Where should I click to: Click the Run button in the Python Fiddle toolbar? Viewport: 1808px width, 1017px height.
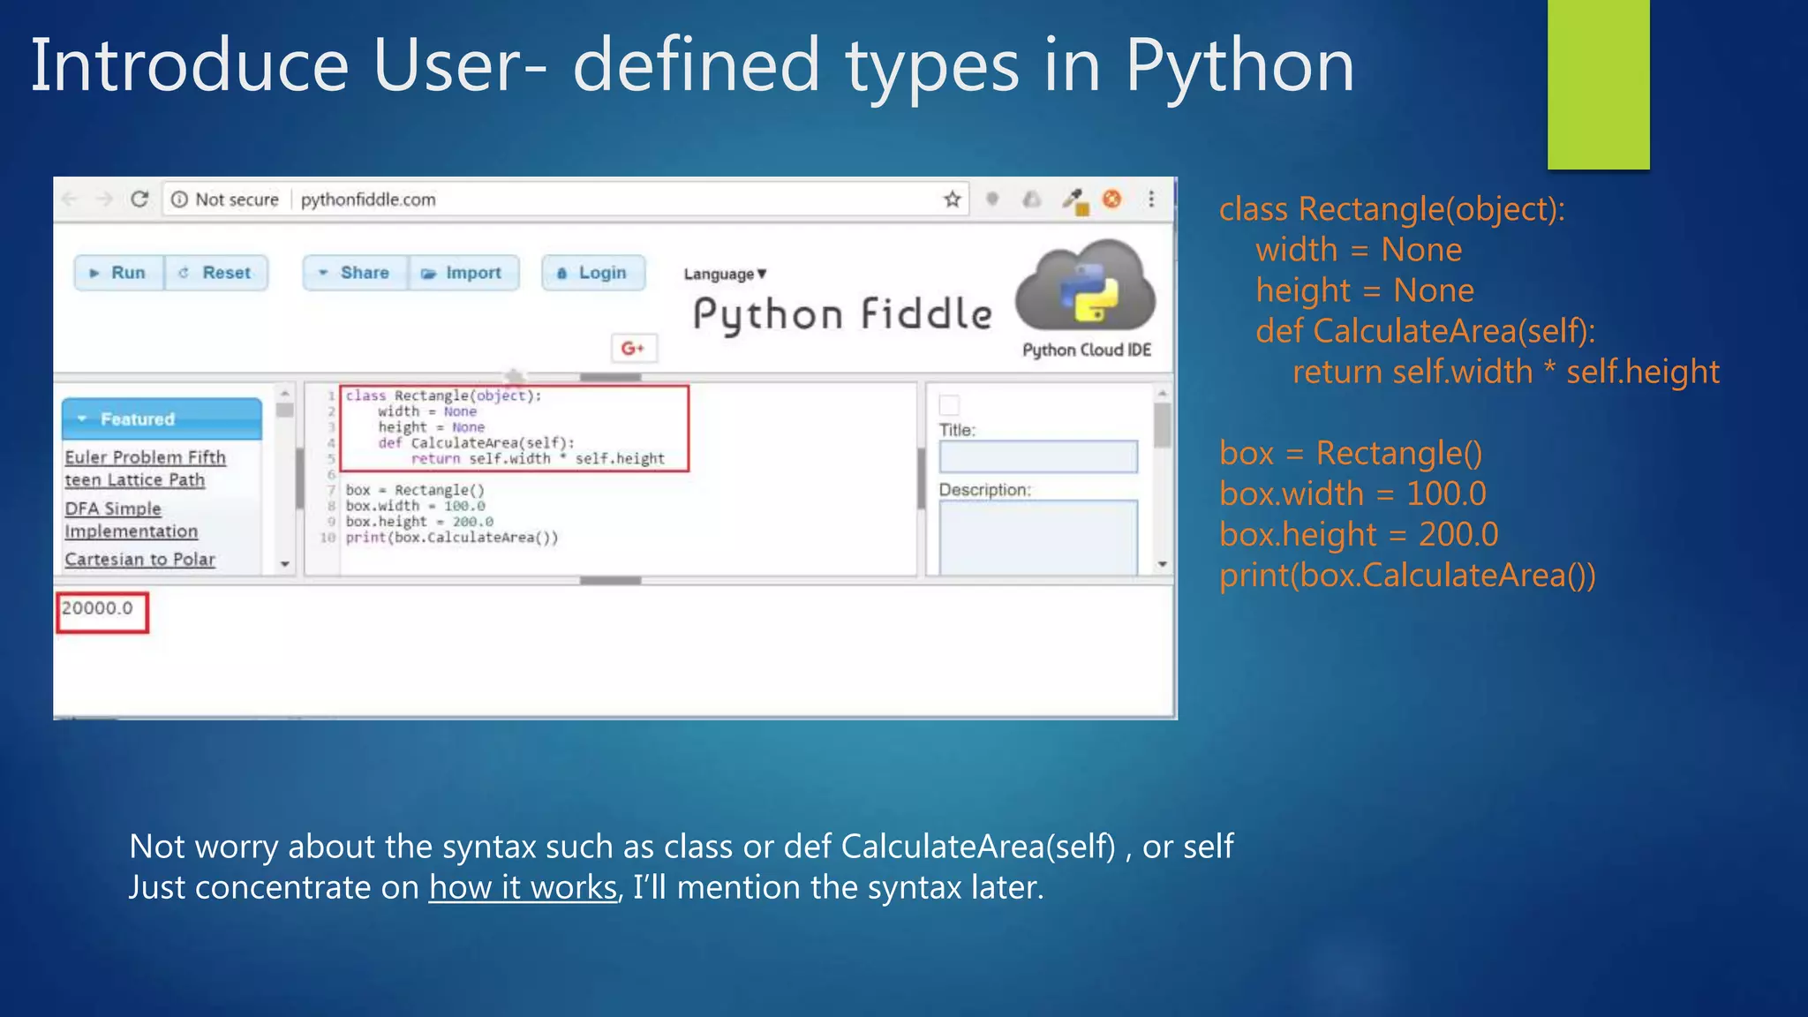[x=119, y=273]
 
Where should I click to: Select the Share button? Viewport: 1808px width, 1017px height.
[x=355, y=273]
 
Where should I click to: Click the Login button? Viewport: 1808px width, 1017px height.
[x=593, y=273]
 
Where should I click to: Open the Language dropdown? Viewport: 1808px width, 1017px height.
[x=725, y=274]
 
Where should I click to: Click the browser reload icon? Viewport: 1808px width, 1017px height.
[x=139, y=200]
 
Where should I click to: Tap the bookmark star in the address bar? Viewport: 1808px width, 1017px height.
[x=952, y=200]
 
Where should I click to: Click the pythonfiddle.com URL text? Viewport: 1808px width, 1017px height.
[x=368, y=200]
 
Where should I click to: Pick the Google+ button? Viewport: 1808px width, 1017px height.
[x=633, y=348]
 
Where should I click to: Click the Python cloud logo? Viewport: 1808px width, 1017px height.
[x=1085, y=288]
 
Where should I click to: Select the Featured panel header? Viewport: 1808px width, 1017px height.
[x=162, y=418]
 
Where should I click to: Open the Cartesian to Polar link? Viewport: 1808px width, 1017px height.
[x=139, y=560]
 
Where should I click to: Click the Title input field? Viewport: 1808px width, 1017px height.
[x=1037, y=456]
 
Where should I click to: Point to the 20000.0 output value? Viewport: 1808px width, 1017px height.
[x=97, y=608]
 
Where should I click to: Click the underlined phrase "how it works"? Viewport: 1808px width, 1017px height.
[x=523, y=887]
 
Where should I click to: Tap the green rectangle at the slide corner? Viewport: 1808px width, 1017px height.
[x=1598, y=84]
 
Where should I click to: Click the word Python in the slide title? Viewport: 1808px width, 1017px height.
[x=1239, y=66]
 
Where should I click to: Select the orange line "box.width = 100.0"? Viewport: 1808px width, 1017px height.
[x=1352, y=493]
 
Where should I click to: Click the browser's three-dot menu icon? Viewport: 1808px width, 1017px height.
[x=1151, y=199]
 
